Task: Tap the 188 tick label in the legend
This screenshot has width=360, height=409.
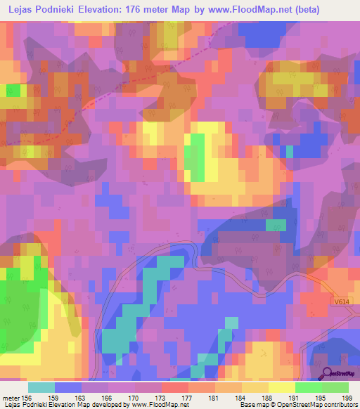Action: (x=268, y=398)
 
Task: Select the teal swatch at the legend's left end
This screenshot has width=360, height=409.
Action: (x=41, y=387)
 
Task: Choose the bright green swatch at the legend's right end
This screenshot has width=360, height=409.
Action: (x=335, y=387)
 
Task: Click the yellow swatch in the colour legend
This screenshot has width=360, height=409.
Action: (x=282, y=387)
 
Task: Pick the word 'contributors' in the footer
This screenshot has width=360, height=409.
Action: (x=339, y=405)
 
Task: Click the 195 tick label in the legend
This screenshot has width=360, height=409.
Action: (x=321, y=398)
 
